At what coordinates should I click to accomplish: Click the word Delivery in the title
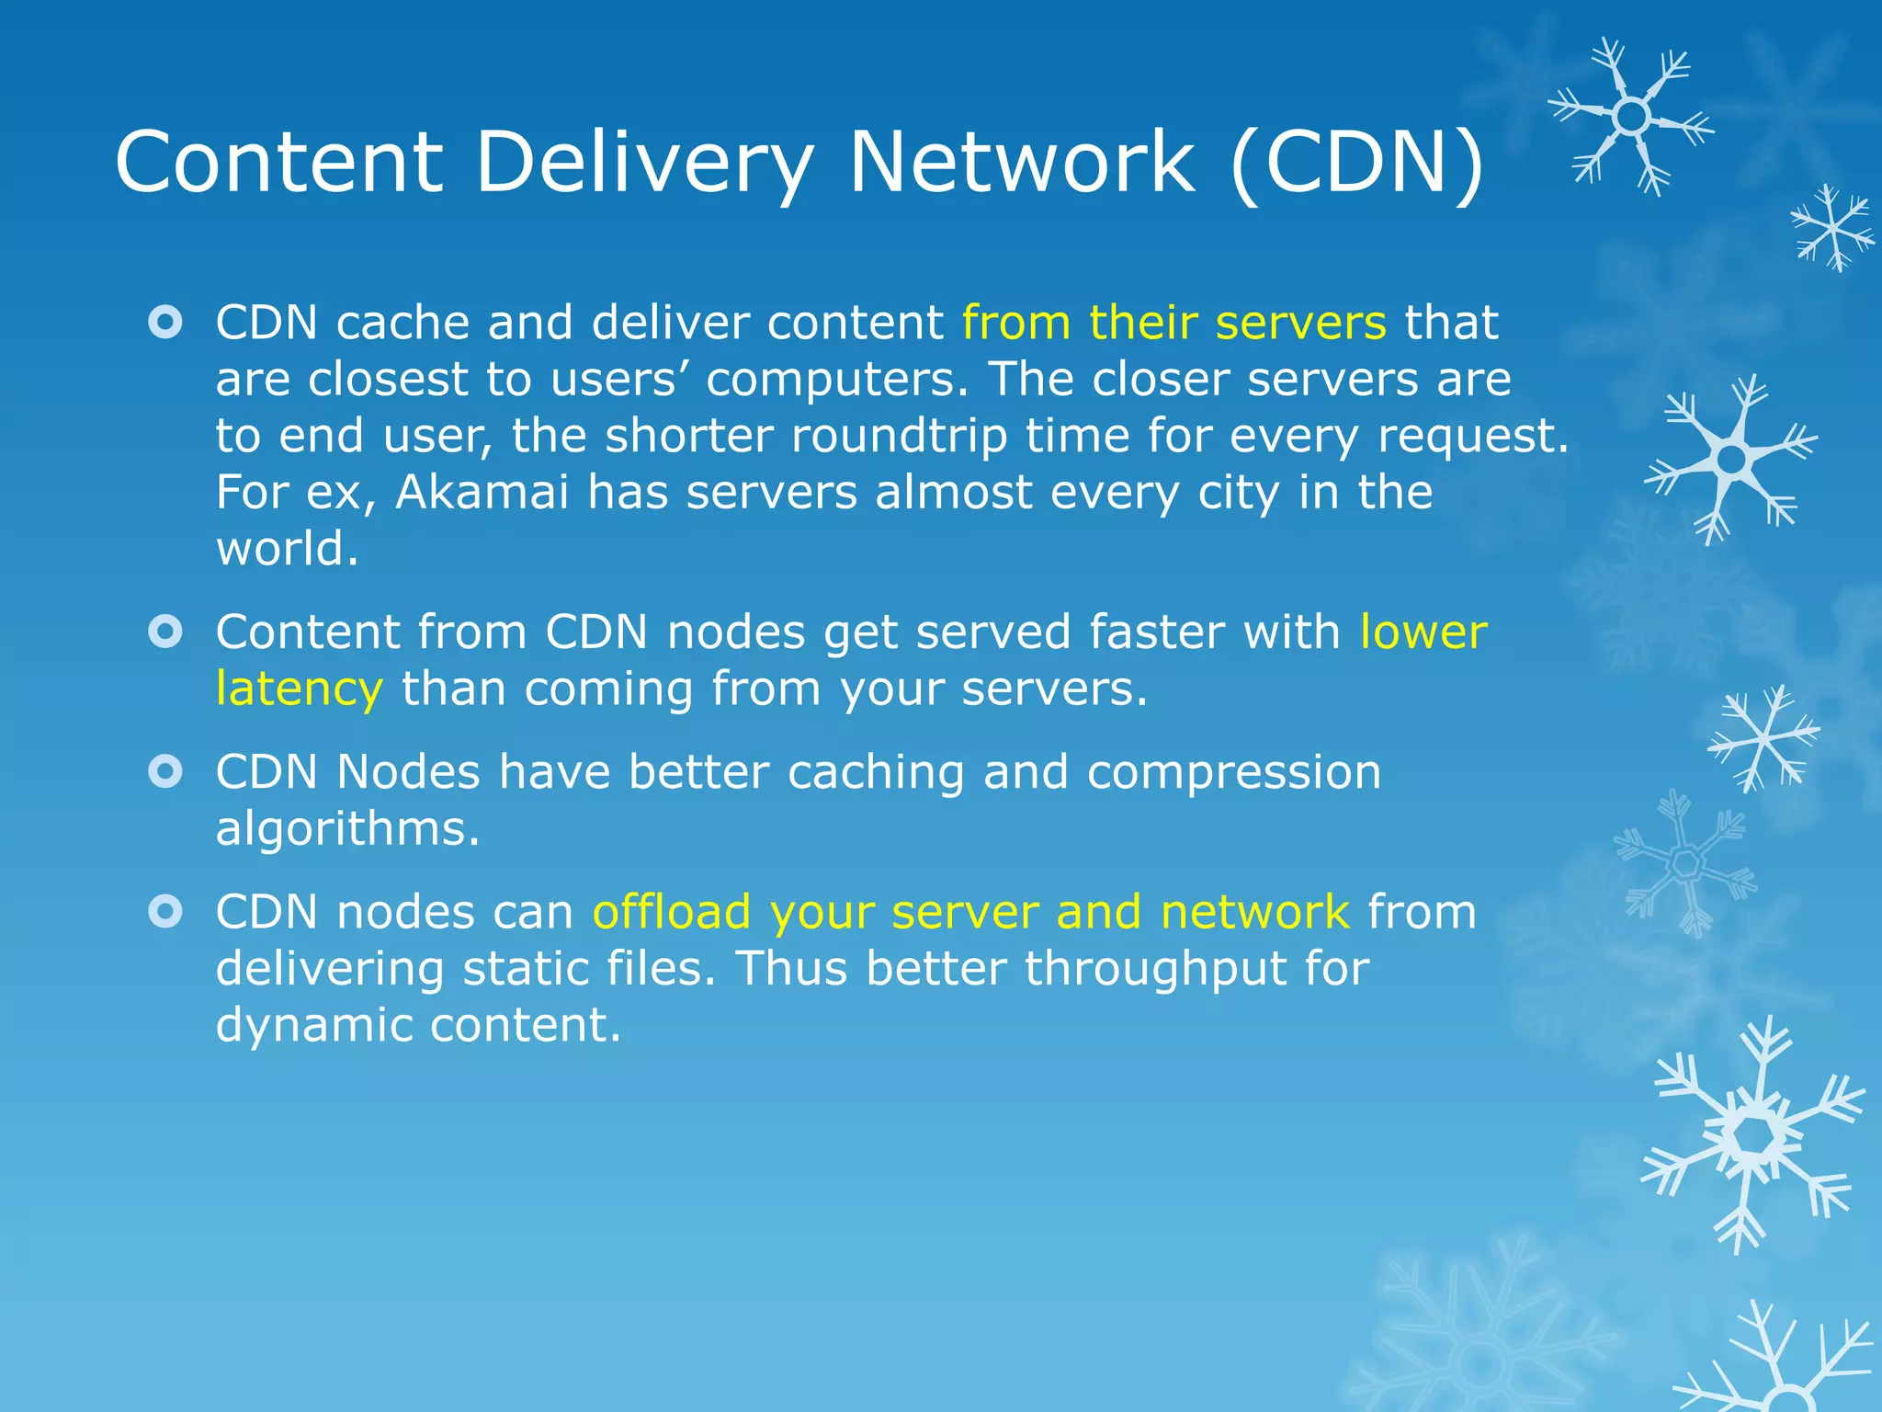(643, 163)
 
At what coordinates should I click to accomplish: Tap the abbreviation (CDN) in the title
(1356, 163)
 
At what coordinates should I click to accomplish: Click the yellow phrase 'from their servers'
(1173, 323)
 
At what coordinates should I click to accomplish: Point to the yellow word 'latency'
(299, 689)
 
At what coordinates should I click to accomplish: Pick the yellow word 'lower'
(1423, 632)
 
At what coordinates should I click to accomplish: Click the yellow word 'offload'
(672, 912)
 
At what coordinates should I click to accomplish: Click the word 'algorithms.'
(347, 829)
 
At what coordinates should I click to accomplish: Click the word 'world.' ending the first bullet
(287, 549)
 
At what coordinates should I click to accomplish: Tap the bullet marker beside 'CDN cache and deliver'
(165, 323)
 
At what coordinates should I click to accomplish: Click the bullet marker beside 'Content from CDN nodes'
(165, 632)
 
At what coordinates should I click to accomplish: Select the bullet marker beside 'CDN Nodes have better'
(165, 771)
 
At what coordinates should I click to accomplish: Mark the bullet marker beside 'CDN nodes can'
(165, 911)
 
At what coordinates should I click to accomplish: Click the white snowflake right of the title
(1631, 117)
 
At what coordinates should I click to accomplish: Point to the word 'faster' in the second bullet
(1157, 632)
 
